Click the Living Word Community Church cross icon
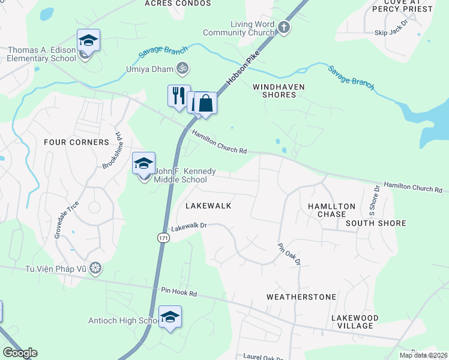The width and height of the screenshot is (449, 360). [x=284, y=28]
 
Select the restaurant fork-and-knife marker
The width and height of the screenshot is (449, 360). [x=178, y=96]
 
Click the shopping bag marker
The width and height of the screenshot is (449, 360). [x=205, y=103]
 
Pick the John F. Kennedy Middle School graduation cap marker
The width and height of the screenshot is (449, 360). [x=144, y=164]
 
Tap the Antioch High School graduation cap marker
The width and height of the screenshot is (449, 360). [x=170, y=317]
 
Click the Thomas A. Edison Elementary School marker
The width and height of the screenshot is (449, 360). [x=88, y=41]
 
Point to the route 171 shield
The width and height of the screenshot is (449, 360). [x=163, y=238]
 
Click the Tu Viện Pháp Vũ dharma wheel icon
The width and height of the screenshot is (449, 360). [x=95, y=268]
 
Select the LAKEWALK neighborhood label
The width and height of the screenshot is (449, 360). [x=208, y=205]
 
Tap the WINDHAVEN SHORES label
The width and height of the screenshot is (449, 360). [x=279, y=91]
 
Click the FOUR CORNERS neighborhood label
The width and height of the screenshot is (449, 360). [x=77, y=142]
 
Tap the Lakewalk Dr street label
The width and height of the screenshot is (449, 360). [x=189, y=227]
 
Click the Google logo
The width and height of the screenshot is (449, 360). [x=19, y=353]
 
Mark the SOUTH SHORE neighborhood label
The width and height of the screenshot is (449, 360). [x=376, y=223]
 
